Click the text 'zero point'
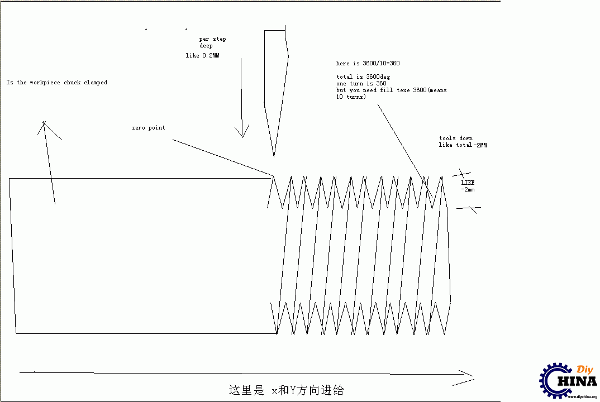149,128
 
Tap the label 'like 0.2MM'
202,55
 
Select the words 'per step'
212,39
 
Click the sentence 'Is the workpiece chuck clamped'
56,82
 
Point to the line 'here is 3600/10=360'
368,63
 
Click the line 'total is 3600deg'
363,77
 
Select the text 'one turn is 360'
361,83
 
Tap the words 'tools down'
456,138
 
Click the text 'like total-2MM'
463,145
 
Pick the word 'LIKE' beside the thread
468,183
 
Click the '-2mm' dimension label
468,189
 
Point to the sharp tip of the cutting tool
274,156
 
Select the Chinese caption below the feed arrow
286,390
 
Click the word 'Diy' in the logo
585,370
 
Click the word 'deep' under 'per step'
206,46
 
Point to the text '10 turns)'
351,97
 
